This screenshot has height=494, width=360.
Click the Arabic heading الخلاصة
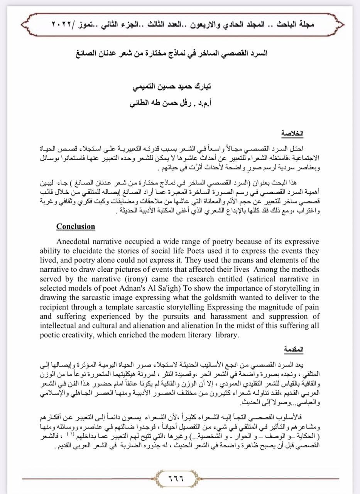tap(292, 134)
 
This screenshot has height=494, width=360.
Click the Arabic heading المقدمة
tap(294, 350)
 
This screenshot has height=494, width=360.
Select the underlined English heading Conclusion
tap(76, 227)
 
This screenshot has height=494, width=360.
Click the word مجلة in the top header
tap(307, 24)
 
